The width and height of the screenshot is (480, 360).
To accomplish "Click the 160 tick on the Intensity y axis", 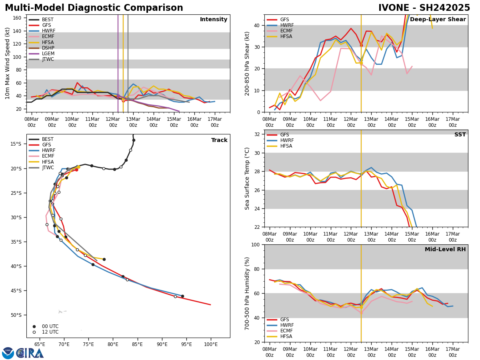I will click(x=18, y=18).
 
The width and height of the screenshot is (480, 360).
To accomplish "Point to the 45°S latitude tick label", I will click(x=15, y=290).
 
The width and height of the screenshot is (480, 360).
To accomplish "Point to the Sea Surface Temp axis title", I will click(x=248, y=178).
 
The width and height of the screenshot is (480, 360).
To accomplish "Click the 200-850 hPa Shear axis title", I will click(x=248, y=63).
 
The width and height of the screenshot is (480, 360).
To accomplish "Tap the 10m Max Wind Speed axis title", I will click(x=8, y=63).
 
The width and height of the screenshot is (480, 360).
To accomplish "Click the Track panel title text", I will click(x=219, y=140).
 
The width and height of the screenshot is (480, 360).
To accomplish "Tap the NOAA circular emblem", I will click(x=8, y=353).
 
